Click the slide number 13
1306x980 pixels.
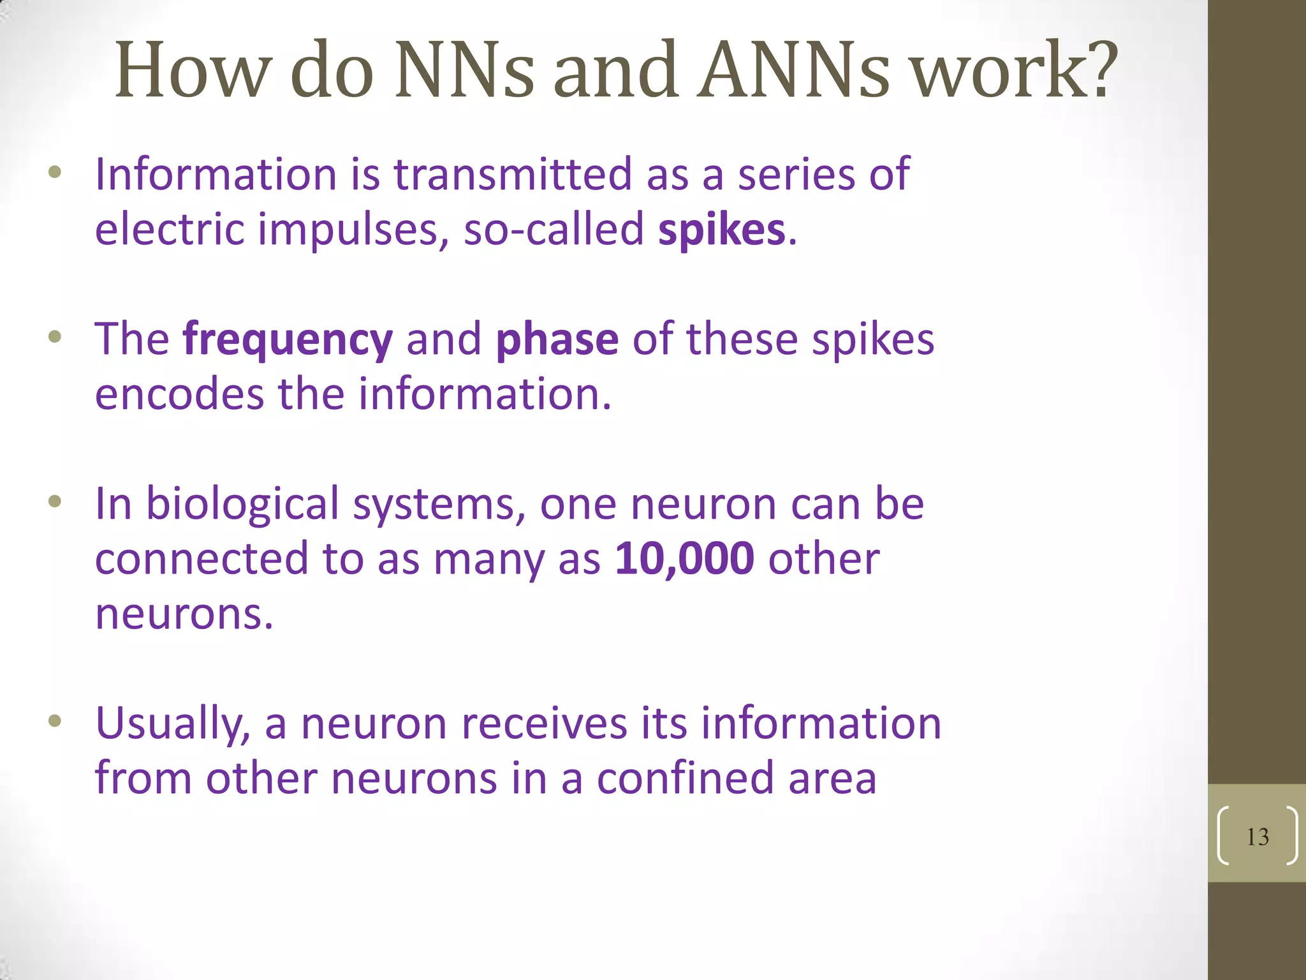click(1258, 837)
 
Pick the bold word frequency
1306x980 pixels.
click(288, 340)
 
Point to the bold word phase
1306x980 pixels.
click(557, 340)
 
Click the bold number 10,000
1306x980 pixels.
click(684, 559)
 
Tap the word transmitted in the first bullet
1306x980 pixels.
click(513, 174)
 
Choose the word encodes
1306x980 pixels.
click(179, 394)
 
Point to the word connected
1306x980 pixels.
click(202, 559)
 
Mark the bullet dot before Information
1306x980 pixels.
click(55, 172)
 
